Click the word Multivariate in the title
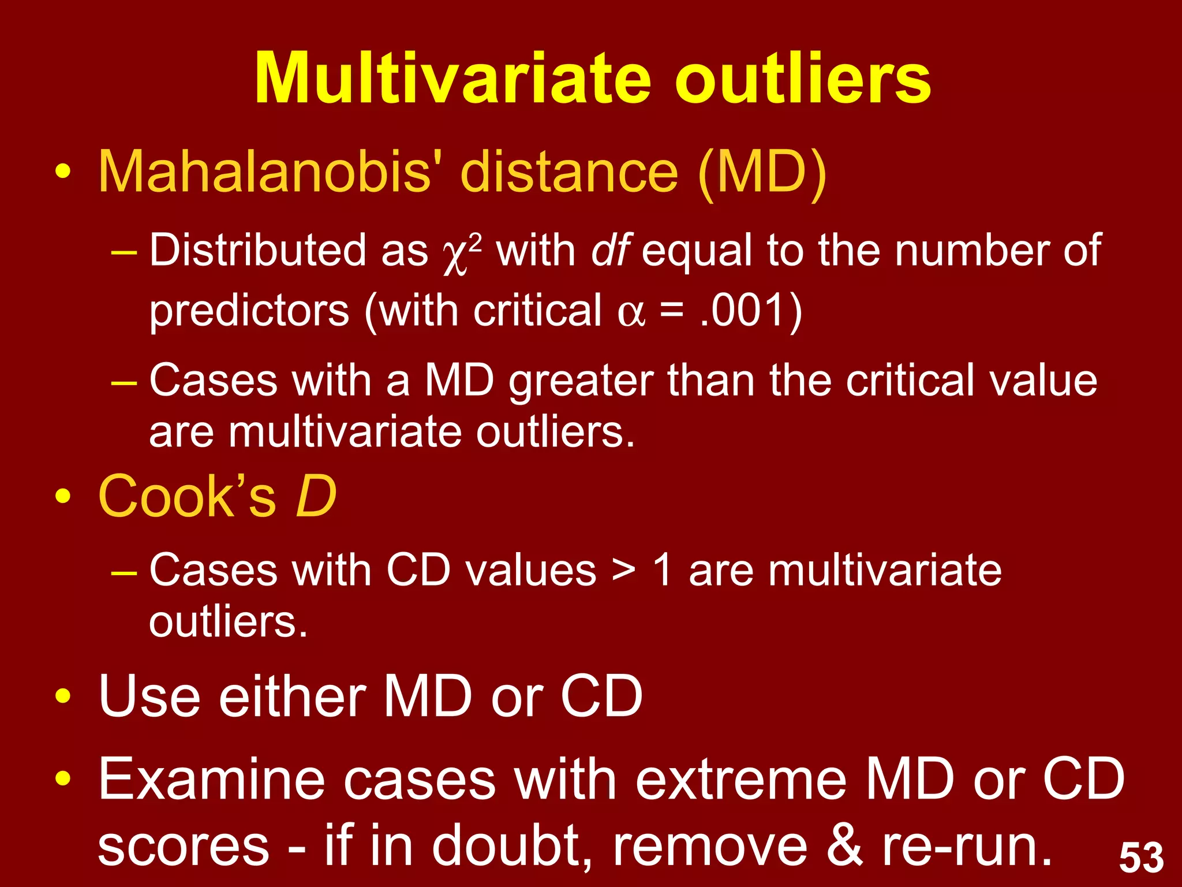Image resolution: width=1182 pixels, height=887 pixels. (x=453, y=79)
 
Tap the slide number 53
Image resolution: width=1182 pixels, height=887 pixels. (x=1141, y=858)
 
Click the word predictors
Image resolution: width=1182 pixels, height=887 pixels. (x=249, y=311)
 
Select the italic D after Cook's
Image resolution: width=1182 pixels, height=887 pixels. (x=315, y=497)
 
